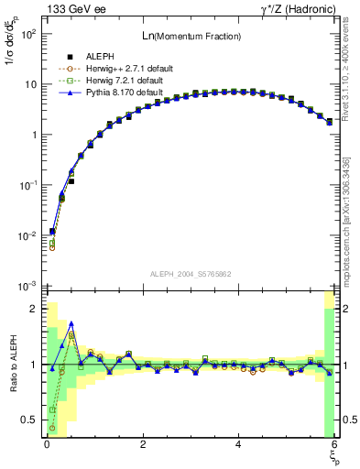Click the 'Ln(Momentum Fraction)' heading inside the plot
(190, 36)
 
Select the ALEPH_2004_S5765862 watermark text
(190, 274)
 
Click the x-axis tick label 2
(143, 444)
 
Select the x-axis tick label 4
(239, 444)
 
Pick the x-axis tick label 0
(47, 444)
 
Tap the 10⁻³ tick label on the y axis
(27, 286)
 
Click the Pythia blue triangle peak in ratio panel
(71, 323)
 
